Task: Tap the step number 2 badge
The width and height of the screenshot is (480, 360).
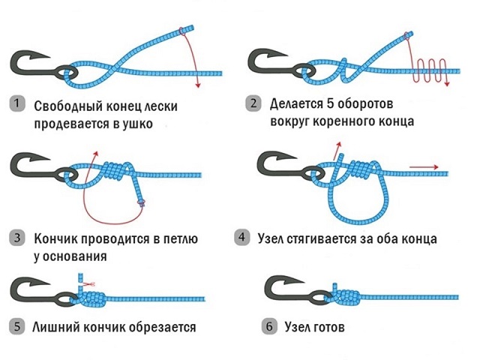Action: pos(254,104)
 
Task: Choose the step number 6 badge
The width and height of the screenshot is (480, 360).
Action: pos(268,327)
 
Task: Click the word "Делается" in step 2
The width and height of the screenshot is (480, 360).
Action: pos(304,103)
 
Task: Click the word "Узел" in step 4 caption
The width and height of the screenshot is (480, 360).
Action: pos(271,238)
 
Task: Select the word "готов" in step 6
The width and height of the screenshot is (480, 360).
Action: pos(335,328)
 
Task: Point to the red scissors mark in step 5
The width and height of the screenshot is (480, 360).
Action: pos(89,284)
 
